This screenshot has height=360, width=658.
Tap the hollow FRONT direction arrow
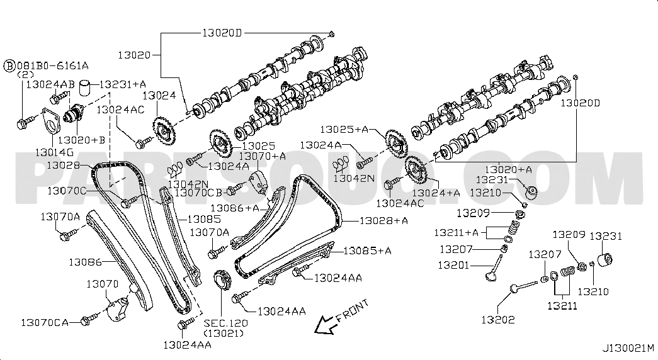(325, 324)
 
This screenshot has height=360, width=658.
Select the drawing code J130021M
(628, 347)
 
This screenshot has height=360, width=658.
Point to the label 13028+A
(383, 221)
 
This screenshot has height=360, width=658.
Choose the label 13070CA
(44, 322)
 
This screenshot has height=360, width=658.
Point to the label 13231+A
(123, 83)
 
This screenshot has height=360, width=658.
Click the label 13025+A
(343, 129)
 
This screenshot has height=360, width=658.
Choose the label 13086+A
(234, 207)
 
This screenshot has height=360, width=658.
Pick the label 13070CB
(198, 192)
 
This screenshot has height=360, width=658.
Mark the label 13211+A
(457, 233)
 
